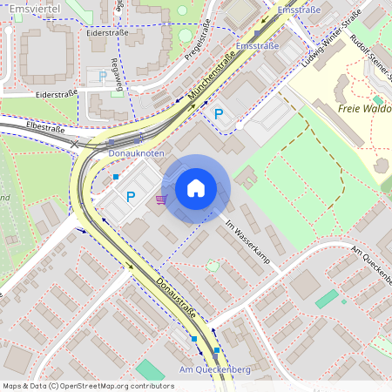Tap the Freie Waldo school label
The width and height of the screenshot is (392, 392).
point(363,109)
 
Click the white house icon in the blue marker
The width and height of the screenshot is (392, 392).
point(195,188)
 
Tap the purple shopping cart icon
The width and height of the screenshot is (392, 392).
point(160,199)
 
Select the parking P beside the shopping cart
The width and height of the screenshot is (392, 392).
point(131,197)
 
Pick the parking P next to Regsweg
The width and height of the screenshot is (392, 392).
point(103,77)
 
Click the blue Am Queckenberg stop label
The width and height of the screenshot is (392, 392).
point(214,370)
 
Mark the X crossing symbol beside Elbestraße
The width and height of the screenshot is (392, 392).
point(74,144)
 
